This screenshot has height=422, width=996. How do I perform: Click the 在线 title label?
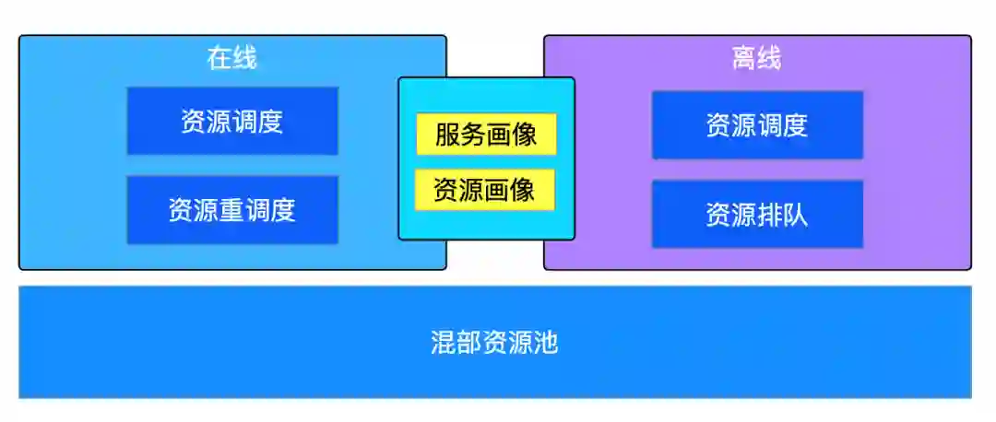coord(232,59)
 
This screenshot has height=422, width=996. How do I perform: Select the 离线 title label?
coord(757,59)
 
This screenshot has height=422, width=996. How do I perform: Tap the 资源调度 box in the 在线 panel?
coord(232,121)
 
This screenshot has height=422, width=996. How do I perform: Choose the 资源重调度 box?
coord(232,210)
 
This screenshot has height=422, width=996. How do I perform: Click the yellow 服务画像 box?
coord(486,135)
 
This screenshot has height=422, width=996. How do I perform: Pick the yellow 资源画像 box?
coord(485,190)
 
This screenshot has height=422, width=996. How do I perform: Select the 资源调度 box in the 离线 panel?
coord(757,125)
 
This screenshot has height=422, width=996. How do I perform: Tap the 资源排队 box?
coord(757,215)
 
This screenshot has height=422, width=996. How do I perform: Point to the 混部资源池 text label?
coord(494,344)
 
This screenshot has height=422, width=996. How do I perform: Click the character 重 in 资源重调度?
coord(232,210)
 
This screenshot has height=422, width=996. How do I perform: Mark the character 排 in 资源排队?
coord(770,215)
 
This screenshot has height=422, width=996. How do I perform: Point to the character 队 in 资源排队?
coord(796,215)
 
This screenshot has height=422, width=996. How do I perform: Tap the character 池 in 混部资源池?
coord(546,344)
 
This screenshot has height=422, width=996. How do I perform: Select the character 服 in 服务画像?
coord(447,135)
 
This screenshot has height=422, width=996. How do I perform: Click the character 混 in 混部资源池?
coord(444,344)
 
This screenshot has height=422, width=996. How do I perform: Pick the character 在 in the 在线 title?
coord(219,59)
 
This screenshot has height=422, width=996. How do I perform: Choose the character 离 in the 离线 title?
coord(744,59)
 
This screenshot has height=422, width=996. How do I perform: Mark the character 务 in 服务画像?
coord(473,135)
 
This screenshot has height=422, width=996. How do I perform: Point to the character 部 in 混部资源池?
coord(469,344)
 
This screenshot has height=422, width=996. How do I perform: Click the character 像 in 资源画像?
coord(524,190)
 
